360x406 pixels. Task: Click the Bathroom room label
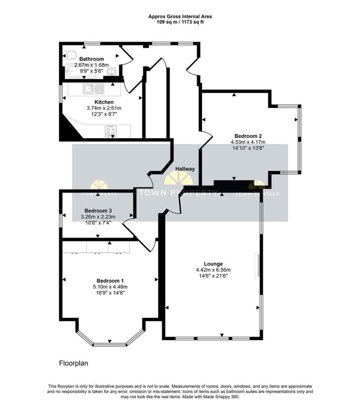pos(91,59)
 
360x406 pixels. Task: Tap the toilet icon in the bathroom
pos(70,55)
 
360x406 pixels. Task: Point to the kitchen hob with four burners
pos(111,131)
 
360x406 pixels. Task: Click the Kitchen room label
pos(104,102)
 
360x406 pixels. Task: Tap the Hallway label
pos(185,169)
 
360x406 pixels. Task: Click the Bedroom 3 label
pos(98,211)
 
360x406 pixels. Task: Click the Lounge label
pos(213,264)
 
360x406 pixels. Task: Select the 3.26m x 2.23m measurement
pos(98,216)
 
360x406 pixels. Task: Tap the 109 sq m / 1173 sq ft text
pos(180,22)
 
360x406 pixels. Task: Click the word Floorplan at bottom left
pos(73,363)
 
